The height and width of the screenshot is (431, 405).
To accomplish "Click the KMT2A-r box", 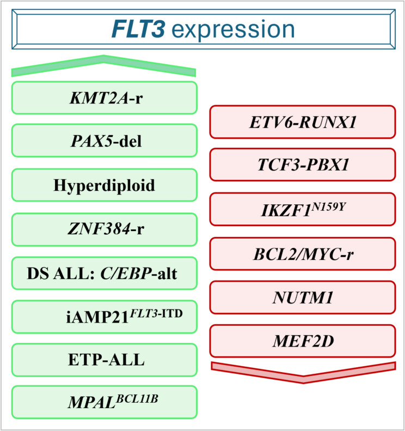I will click(103, 98).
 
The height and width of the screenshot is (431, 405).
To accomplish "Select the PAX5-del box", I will click(103, 141).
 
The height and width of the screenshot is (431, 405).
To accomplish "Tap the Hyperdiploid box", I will click(103, 185).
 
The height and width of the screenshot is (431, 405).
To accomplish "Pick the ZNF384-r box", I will click(103, 229).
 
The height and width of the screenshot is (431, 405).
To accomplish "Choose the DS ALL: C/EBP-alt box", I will click(103, 272).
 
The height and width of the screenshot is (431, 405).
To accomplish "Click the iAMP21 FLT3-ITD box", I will click(103, 316).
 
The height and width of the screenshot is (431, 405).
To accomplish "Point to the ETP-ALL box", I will click(103, 360).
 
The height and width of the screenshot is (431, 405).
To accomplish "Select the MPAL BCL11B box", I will click(103, 403).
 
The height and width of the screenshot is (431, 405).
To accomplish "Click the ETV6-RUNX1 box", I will click(303, 122).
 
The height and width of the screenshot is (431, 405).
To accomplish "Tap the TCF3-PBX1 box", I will click(303, 166).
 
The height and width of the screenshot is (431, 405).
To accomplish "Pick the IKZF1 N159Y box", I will click(303, 210).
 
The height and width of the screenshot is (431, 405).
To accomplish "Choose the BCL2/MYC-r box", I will click(303, 253).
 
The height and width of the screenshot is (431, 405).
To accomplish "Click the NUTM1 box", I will click(303, 298).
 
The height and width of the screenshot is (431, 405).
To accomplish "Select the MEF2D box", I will click(303, 341).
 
